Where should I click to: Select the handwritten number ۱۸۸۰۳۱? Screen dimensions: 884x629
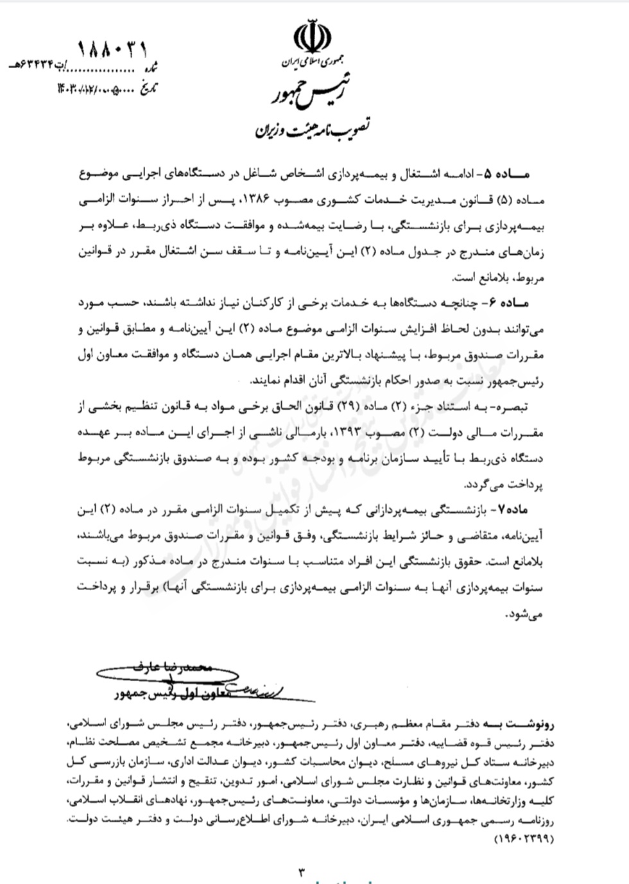tap(113, 48)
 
